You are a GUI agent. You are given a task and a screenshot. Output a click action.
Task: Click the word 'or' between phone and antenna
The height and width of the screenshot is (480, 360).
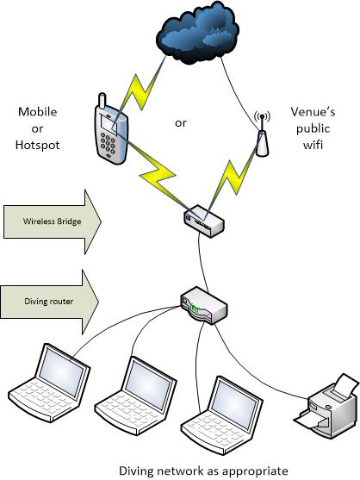point(181,123)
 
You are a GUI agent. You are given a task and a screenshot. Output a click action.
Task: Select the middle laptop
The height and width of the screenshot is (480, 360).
point(137,396)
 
